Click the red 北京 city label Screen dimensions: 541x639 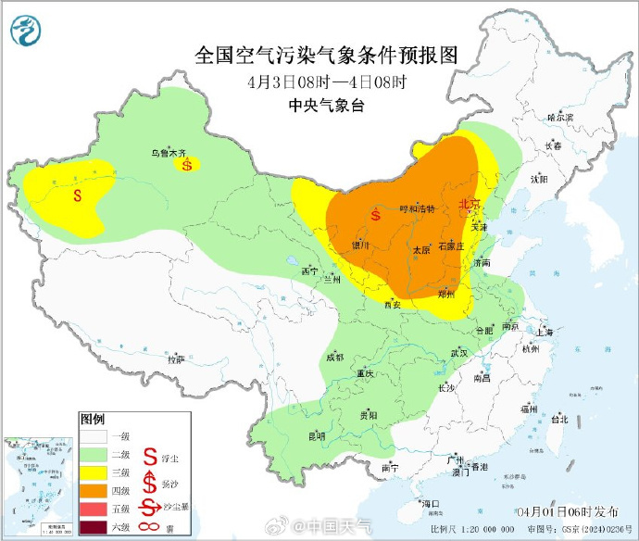[x=470, y=204]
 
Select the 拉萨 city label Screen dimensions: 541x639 [x=175, y=359]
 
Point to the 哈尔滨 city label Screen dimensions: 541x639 [x=560, y=118]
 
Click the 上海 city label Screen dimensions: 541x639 [x=544, y=332]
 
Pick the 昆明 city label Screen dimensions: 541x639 [x=317, y=435]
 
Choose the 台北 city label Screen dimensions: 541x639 [x=559, y=419]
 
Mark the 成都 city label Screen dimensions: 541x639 [x=334, y=357]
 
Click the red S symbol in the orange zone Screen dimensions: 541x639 [x=375, y=216]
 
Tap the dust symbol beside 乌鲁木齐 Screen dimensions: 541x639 [x=188, y=165]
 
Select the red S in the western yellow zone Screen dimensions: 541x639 [x=79, y=195]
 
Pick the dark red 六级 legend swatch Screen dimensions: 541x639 [x=93, y=528]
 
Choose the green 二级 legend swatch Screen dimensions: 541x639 [x=93, y=454]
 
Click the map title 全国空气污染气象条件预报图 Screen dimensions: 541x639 [x=326, y=55]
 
